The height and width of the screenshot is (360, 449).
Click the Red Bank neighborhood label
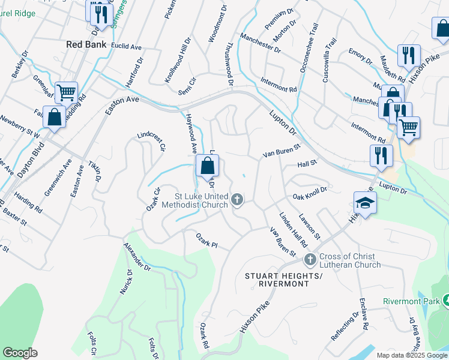coord(86,44)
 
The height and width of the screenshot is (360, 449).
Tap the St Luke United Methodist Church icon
coord(238,199)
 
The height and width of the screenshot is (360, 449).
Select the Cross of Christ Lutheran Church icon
coord(310,259)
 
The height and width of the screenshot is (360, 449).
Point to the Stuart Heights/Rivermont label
coord(284,280)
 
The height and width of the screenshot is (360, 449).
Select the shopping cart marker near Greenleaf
coord(66,92)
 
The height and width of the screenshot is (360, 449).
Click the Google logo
coord(20,353)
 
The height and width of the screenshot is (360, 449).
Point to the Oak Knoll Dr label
coord(310,193)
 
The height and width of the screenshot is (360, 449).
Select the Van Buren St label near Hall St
coord(281,155)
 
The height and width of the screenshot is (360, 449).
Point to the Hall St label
coord(307,164)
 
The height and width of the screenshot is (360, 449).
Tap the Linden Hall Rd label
coord(293,229)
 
